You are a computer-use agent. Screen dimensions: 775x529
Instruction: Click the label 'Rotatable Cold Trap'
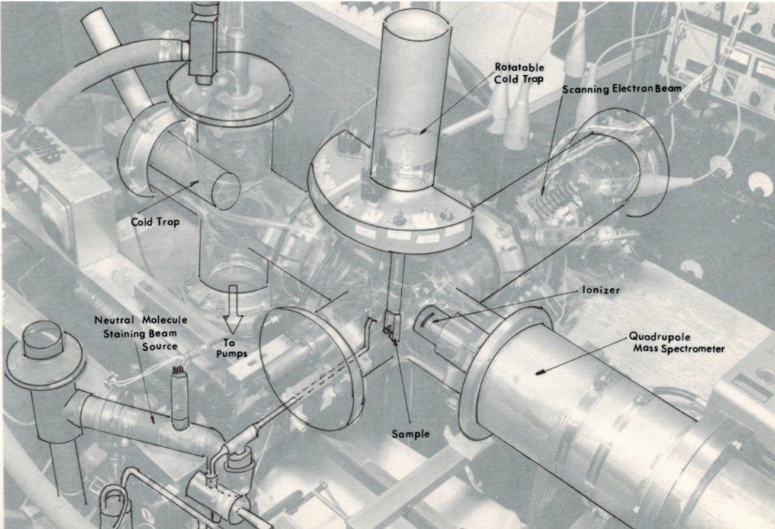pyautogui.click(x=519, y=73)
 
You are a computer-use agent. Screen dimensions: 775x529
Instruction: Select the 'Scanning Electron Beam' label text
pyautogui.click(x=622, y=89)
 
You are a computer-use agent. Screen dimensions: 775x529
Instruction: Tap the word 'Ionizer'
pyautogui.click(x=600, y=290)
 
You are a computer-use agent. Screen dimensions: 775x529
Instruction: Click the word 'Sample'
pyautogui.click(x=410, y=434)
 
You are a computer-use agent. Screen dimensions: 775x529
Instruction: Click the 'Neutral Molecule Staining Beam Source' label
pyautogui.click(x=140, y=333)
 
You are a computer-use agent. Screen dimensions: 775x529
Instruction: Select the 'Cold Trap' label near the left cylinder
pyautogui.click(x=155, y=222)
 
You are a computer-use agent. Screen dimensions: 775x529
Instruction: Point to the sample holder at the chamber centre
pyautogui.click(x=391, y=327)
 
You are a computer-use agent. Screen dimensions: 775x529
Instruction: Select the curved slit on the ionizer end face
pyautogui.click(x=426, y=321)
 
